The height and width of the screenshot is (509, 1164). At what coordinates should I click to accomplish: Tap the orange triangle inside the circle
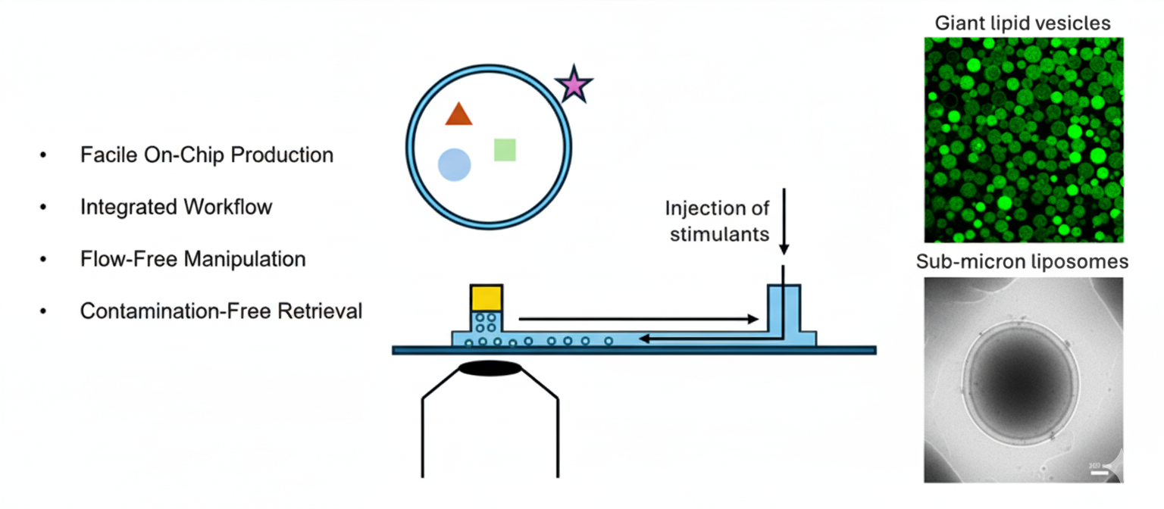click(x=458, y=114)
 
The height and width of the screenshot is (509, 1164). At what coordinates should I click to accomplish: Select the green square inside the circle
click(x=505, y=149)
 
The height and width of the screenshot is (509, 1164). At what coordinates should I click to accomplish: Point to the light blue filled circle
click(x=455, y=164)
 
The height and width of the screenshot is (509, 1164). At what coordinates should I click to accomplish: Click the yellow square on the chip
click(x=486, y=298)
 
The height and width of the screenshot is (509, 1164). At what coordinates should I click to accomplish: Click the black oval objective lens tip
click(x=491, y=369)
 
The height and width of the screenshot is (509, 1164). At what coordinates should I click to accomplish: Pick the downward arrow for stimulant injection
click(x=784, y=220)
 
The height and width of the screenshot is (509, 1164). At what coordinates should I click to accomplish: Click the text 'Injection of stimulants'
click(x=718, y=220)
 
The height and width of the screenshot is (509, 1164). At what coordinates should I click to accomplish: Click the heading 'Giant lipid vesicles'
click(x=1022, y=23)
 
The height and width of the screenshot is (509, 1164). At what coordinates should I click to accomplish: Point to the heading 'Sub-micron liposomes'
click(x=1022, y=262)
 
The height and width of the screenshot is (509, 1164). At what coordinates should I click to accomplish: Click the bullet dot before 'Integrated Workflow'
click(x=43, y=208)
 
